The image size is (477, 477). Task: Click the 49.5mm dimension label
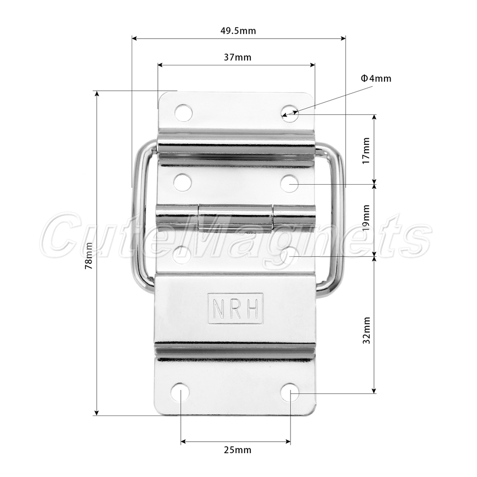238,31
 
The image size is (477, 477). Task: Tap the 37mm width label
238,57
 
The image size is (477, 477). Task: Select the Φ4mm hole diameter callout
376,79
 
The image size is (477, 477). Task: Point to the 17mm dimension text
366,151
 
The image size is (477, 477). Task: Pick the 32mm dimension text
366,330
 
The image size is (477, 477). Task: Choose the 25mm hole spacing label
238,450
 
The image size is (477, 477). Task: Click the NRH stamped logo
235,308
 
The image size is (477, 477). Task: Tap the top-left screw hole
184,113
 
